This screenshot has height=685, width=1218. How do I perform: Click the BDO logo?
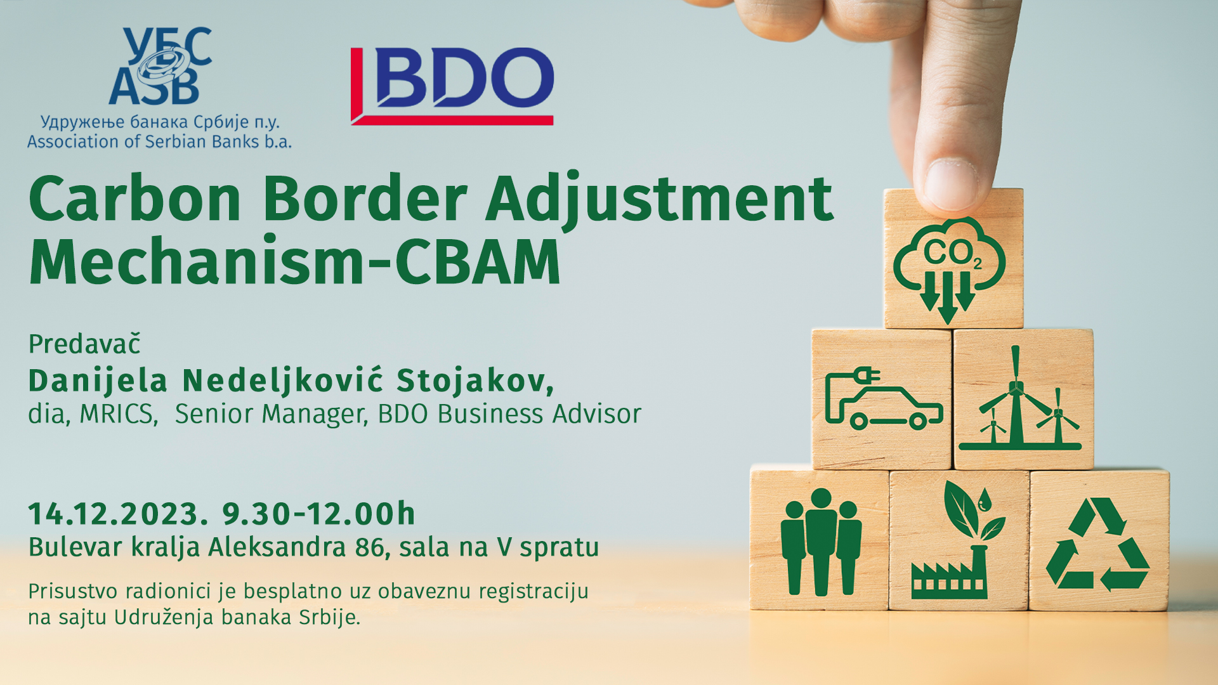point(452,86)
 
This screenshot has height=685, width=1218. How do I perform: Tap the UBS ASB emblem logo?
point(160,66)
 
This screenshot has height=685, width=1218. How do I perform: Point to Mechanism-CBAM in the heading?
point(295,261)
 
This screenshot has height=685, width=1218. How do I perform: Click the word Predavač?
point(84,344)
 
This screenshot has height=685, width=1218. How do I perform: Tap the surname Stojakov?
point(475,381)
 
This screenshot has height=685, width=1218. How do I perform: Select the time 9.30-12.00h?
point(318,513)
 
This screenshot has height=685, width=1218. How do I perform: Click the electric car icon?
point(883,399)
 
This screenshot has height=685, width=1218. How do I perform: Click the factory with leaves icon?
point(957,540)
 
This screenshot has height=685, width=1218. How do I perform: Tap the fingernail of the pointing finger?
point(950,184)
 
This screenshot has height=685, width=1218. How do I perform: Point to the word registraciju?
point(534,592)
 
